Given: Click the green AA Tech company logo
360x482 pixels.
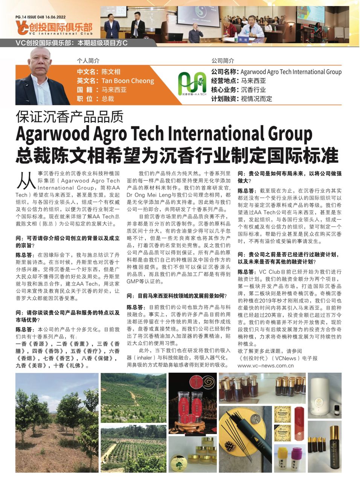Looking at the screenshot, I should [192, 83].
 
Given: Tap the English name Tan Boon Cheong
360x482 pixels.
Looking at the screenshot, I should [128, 81].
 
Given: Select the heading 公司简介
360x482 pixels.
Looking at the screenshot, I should [223, 61].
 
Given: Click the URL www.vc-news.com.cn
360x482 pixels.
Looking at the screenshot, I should [265, 365].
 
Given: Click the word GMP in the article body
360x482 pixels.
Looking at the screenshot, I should [133, 281].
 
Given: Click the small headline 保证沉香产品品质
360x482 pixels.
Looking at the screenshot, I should [70, 117].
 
